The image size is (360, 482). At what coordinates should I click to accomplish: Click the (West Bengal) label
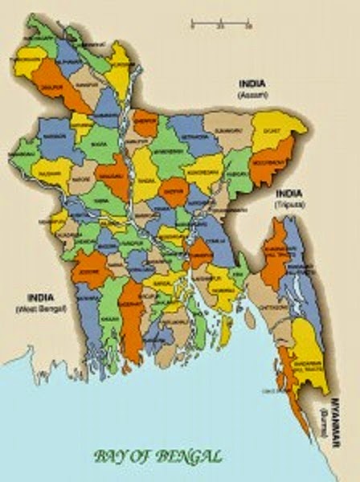tap(33, 308)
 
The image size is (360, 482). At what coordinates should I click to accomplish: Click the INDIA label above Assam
tap(252, 84)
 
